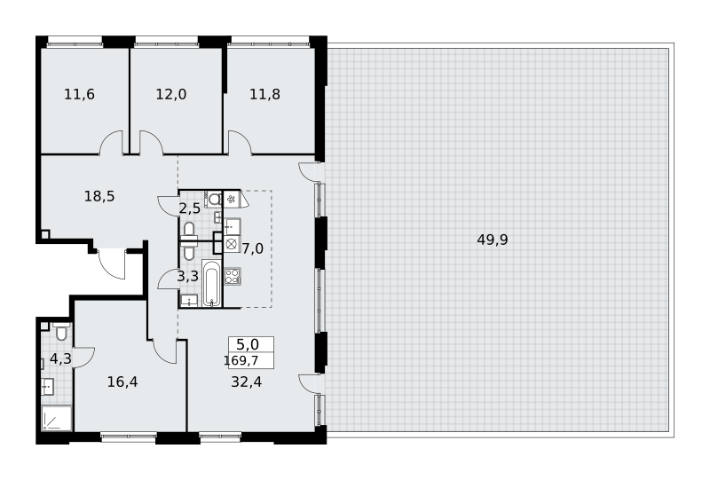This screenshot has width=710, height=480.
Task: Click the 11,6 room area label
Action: (x=79, y=95)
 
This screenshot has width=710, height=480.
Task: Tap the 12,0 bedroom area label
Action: (x=171, y=95)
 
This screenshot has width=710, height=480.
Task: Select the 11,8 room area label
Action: (x=264, y=95)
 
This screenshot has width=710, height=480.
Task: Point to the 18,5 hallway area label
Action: (x=99, y=197)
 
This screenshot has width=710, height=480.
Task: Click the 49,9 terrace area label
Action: (x=493, y=240)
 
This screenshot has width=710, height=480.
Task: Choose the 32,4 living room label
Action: (x=247, y=382)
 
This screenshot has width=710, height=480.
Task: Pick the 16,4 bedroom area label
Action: (x=122, y=382)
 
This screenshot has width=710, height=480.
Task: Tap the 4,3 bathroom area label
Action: (x=60, y=359)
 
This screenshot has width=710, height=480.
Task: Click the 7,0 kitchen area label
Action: (x=253, y=248)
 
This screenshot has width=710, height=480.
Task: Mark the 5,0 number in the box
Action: (x=248, y=345)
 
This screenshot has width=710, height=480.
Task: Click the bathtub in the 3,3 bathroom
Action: (x=211, y=283)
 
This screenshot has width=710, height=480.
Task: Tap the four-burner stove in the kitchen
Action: (x=233, y=276)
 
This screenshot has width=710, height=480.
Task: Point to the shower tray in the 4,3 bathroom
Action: (x=57, y=419)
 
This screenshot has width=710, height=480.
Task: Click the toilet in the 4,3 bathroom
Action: (x=61, y=332)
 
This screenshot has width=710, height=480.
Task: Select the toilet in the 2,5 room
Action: (x=214, y=199)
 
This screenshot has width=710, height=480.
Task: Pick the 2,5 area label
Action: (x=189, y=209)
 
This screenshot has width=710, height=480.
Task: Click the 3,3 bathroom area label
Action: (x=187, y=276)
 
